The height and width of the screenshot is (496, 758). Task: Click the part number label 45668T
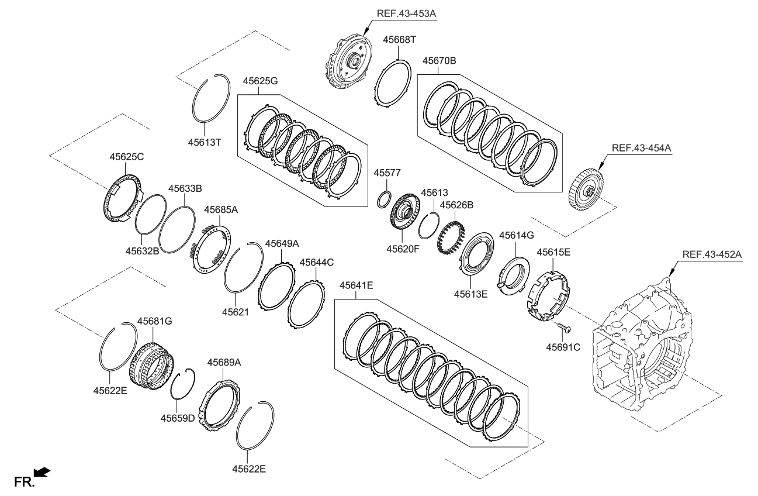click(x=399, y=39)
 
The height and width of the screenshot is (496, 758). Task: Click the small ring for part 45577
click(x=383, y=199)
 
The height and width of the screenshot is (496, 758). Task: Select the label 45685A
click(x=220, y=209)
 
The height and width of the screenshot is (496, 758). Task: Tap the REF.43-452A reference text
click(x=712, y=254)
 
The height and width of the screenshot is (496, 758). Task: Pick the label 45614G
click(x=516, y=235)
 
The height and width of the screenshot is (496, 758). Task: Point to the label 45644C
click(x=317, y=263)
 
